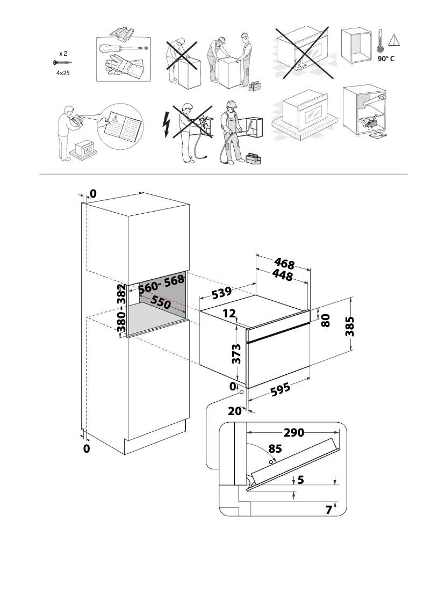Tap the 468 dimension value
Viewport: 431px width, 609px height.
click(284, 264)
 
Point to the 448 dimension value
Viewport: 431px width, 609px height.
click(282, 275)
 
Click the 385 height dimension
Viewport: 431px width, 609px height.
click(350, 325)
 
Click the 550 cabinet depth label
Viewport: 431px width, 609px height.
click(160, 302)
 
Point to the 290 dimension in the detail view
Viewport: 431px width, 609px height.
click(294, 433)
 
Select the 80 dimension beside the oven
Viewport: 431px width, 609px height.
click(325, 321)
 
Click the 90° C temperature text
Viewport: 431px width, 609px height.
click(385, 59)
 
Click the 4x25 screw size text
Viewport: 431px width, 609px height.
click(63, 72)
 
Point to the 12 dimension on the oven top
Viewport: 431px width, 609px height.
click(229, 314)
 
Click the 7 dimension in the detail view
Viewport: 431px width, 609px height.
click(328, 510)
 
